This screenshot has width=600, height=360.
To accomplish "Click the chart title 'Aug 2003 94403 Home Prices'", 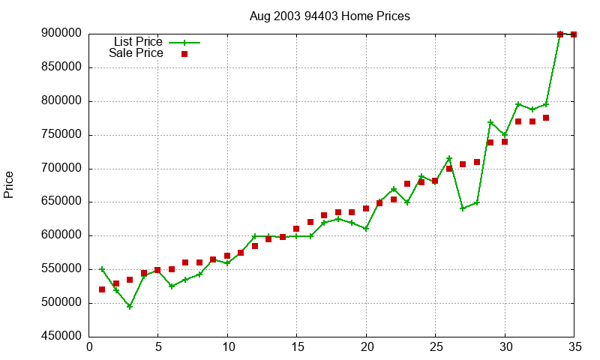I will coord(330,16).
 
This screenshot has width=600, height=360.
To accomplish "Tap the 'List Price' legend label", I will coord(138,42).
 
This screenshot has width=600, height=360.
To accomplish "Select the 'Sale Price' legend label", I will coord(136,53).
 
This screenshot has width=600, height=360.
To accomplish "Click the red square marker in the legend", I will coord(184,54).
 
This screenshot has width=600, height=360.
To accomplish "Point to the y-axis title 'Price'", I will coord(9,184).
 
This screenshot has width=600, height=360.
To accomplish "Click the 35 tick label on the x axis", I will coord(574,347).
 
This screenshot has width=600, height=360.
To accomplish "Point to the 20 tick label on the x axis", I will coord(366,347).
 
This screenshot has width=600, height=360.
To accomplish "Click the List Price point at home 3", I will coord(130,306).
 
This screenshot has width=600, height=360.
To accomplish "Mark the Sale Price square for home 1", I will coord(102,289).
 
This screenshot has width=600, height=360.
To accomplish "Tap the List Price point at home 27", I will coord(463,208).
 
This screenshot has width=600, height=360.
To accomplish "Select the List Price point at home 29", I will coord(490,122).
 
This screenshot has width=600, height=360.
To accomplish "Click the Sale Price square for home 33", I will coord(546,118).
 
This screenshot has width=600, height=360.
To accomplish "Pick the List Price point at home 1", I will coord(102,269).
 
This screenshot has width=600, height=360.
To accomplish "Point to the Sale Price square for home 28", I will coord(477,162).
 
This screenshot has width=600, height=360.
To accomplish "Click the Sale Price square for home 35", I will coord(574,34).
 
